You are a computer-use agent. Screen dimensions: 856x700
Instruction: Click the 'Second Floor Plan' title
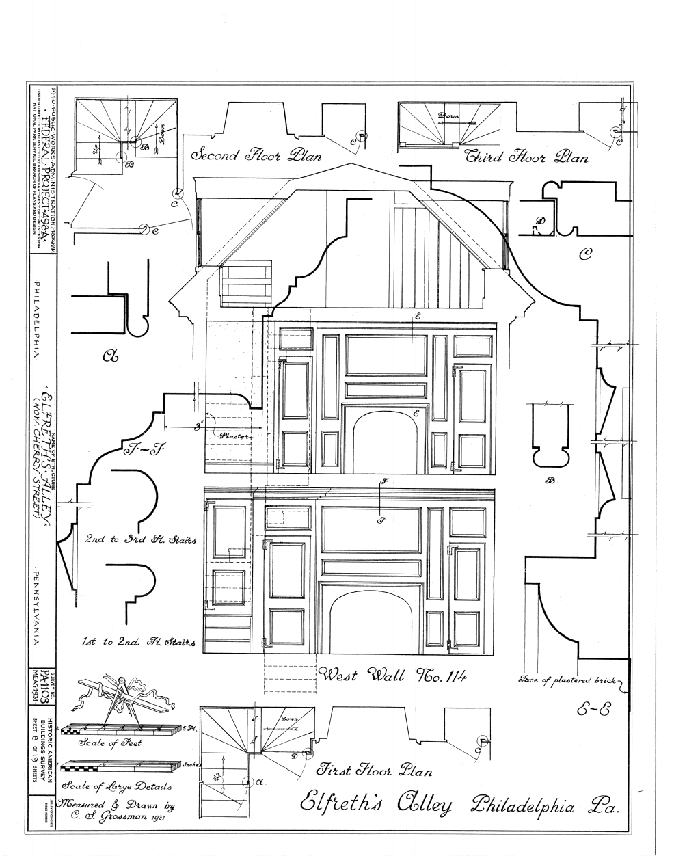point(256,155)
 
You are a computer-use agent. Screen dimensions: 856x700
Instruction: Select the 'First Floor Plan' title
point(375,771)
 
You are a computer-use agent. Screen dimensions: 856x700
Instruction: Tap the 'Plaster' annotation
point(235,435)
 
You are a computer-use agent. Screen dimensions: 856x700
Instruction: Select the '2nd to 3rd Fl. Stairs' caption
point(140,539)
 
